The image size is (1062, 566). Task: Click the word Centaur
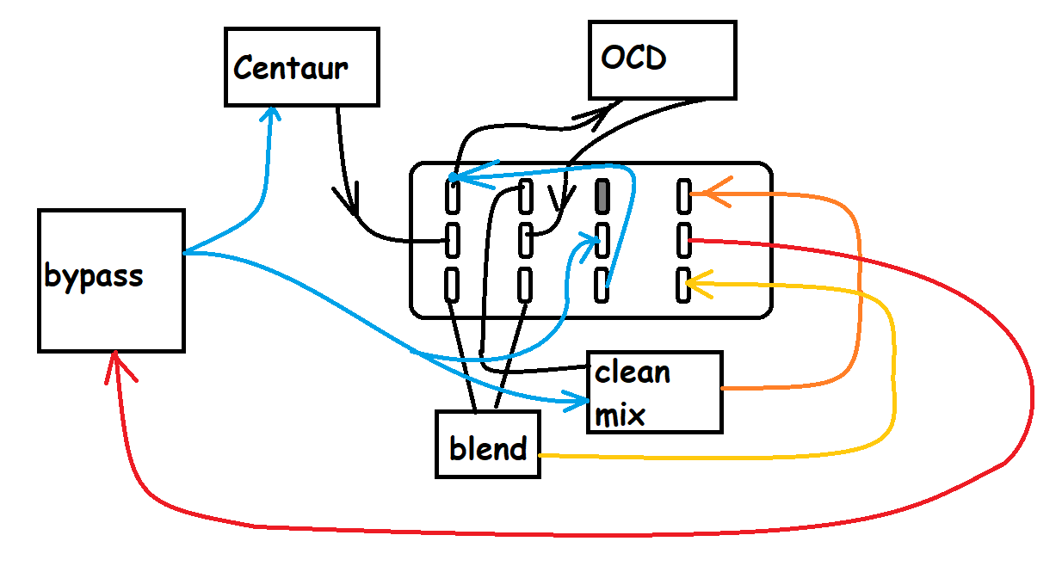click(x=290, y=68)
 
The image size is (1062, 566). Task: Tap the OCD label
click(x=633, y=58)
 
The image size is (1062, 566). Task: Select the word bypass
click(x=93, y=277)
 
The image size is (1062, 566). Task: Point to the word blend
click(x=488, y=449)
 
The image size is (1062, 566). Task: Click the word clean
click(x=632, y=373)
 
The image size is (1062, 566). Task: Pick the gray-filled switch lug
click(x=602, y=197)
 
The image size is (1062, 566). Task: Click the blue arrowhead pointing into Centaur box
click(x=273, y=116)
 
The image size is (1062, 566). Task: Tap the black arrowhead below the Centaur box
click(x=349, y=204)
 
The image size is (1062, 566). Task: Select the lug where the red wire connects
click(x=684, y=239)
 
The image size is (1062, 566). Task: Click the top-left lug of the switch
click(x=452, y=197)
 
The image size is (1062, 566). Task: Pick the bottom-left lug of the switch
click(x=452, y=284)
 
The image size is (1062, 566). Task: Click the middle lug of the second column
click(x=526, y=239)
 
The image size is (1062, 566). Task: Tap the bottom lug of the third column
click(x=602, y=285)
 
